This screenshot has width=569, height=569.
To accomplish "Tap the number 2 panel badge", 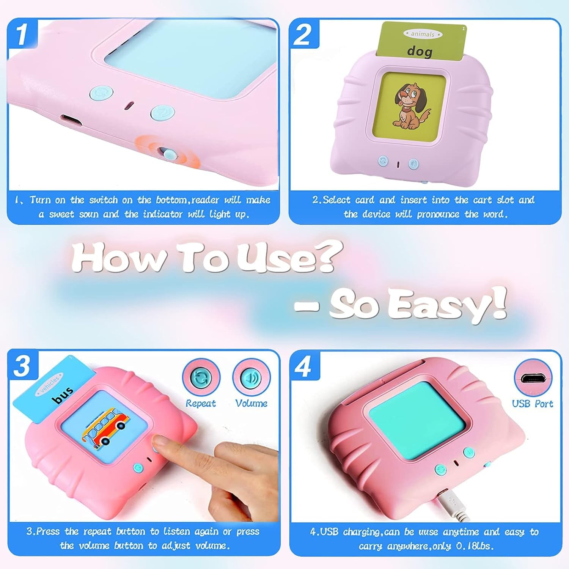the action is (x=304, y=34).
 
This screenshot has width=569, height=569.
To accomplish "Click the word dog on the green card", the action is (x=420, y=51).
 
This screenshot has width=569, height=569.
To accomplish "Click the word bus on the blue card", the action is (x=63, y=395).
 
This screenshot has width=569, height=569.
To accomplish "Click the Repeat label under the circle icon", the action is (x=201, y=403).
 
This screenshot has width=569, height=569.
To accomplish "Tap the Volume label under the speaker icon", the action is (x=251, y=403).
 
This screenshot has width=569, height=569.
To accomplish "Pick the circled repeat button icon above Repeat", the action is (x=201, y=378).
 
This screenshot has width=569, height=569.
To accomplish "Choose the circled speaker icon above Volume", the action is (x=251, y=378).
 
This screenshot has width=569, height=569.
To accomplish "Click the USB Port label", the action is (x=533, y=404).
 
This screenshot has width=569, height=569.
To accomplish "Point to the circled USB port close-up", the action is (x=533, y=378).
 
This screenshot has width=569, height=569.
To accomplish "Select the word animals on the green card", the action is (x=423, y=34).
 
